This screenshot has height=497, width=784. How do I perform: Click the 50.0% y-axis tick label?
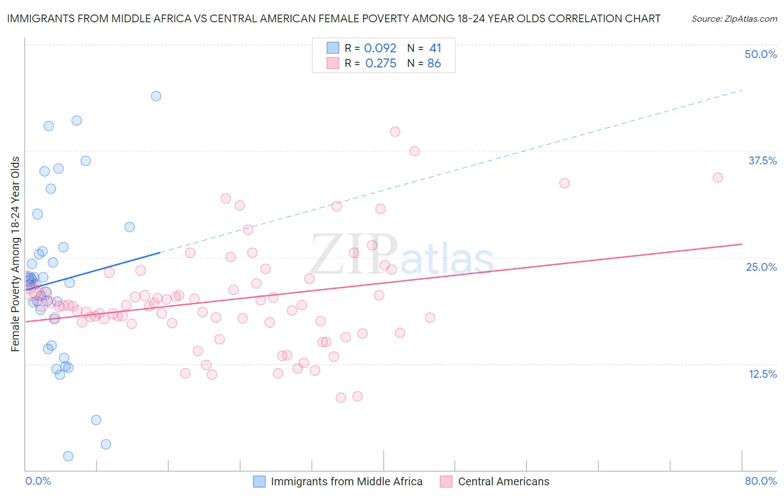click(x=761, y=54)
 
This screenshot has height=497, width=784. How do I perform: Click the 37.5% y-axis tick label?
click(x=762, y=160)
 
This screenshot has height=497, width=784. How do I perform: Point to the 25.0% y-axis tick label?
click(x=761, y=267)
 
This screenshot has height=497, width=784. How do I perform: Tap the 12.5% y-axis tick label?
click(x=762, y=374)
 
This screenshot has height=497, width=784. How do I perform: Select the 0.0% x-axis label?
click(x=38, y=481)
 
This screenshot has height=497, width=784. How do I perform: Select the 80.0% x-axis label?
click(x=761, y=481)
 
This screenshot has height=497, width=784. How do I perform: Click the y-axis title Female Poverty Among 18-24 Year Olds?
click(x=15, y=254)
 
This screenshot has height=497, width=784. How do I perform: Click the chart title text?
click(x=333, y=18)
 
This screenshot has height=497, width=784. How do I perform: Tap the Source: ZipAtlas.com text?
click(x=734, y=19)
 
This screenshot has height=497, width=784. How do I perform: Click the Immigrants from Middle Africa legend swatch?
click(x=259, y=481)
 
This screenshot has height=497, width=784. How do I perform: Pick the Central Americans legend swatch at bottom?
click(x=446, y=481)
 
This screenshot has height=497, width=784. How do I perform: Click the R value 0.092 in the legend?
click(x=380, y=48)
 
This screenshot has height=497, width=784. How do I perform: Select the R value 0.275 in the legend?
click(x=380, y=64)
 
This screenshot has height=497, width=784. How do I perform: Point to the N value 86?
click(x=434, y=64)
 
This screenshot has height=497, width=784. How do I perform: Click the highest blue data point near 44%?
click(x=156, y=96)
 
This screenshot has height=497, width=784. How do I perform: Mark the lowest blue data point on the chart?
click(x=68, y=456)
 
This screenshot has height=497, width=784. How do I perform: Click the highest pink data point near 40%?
click(x=395, y=132)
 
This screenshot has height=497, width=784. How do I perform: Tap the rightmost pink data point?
click(x=718, y=178)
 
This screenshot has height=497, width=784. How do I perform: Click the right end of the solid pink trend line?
click(x=742, y=244)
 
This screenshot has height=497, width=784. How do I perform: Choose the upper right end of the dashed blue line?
click(x=742, y=90)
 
